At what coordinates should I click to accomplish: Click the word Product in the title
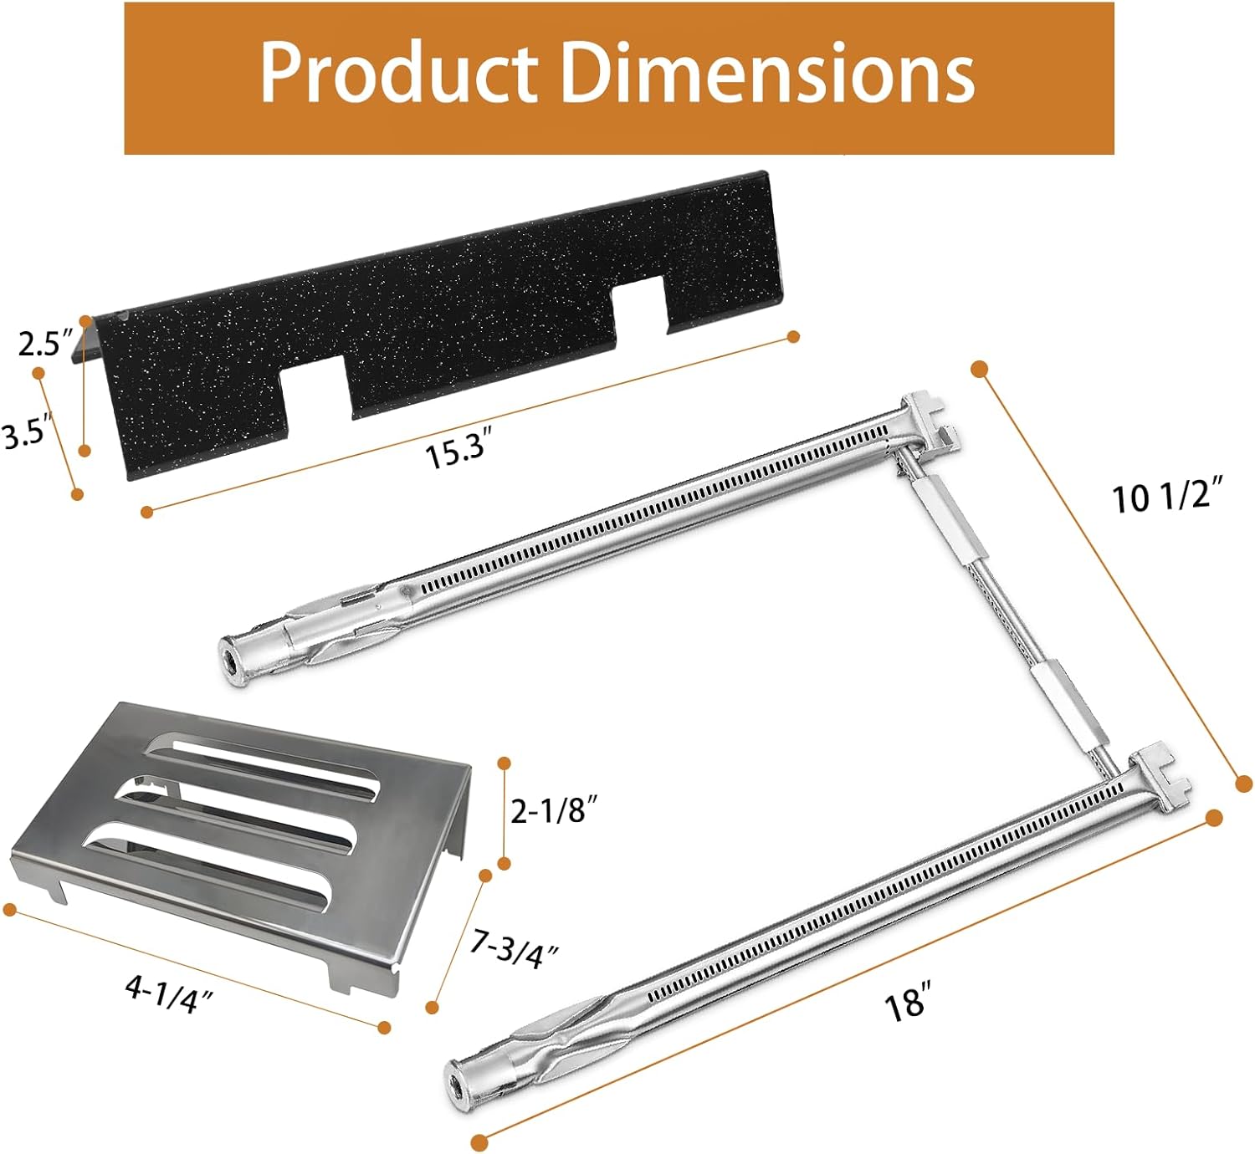click(x=399, y=73)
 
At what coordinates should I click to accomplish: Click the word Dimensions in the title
click(x=769, y=73)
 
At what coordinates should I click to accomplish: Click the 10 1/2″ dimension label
click(x=1167, y=500)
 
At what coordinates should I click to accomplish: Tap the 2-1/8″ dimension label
click(x=556, y=811)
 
